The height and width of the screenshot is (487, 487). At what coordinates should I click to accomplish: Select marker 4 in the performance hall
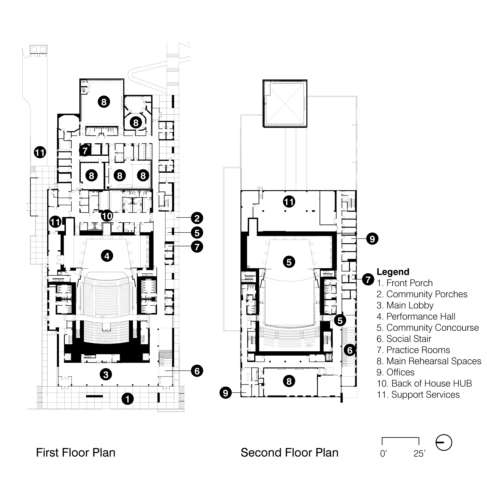coord(107,256)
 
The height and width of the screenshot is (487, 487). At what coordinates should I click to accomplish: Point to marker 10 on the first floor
coord(107,216)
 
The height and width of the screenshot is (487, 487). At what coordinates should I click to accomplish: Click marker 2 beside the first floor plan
coord(197,218)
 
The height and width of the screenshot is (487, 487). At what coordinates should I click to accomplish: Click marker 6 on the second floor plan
coord(350,350)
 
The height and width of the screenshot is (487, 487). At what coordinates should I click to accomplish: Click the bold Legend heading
coord(393,272)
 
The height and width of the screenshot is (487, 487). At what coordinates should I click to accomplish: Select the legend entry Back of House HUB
coord(424,383)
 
